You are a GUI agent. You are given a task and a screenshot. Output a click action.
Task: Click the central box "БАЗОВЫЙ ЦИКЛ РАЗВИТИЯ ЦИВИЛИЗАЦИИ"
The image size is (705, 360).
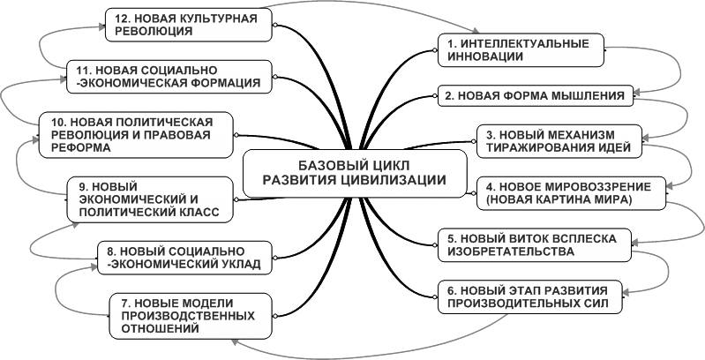[353, 172]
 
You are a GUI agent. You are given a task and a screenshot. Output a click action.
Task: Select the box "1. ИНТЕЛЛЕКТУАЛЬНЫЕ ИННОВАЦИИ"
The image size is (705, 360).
[502, 49]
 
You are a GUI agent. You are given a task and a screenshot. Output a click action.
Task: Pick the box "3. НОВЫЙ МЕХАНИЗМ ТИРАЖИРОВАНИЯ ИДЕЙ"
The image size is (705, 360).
[558, 140]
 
